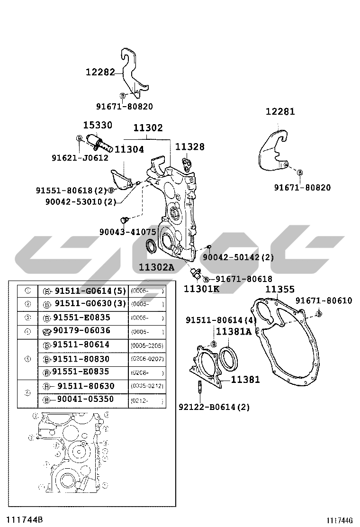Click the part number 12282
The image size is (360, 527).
click(100, 73)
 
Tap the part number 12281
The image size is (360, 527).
click(280, 112)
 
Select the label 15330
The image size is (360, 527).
click(98, 126)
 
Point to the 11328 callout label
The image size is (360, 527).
click(190, 147)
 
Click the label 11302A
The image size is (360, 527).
click(156, 267)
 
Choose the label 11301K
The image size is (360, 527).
click(201, 289)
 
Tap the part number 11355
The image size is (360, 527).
click(279, 289)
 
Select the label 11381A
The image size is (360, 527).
click(234, 332)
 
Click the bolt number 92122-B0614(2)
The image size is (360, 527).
click(214, 407)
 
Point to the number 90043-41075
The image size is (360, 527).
click(127, 232)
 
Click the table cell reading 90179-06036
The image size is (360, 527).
click(81, 330)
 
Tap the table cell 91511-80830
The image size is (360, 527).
click(81, 359)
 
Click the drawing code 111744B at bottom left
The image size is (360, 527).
click(27, 519)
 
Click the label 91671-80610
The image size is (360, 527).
click(324, 300)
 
